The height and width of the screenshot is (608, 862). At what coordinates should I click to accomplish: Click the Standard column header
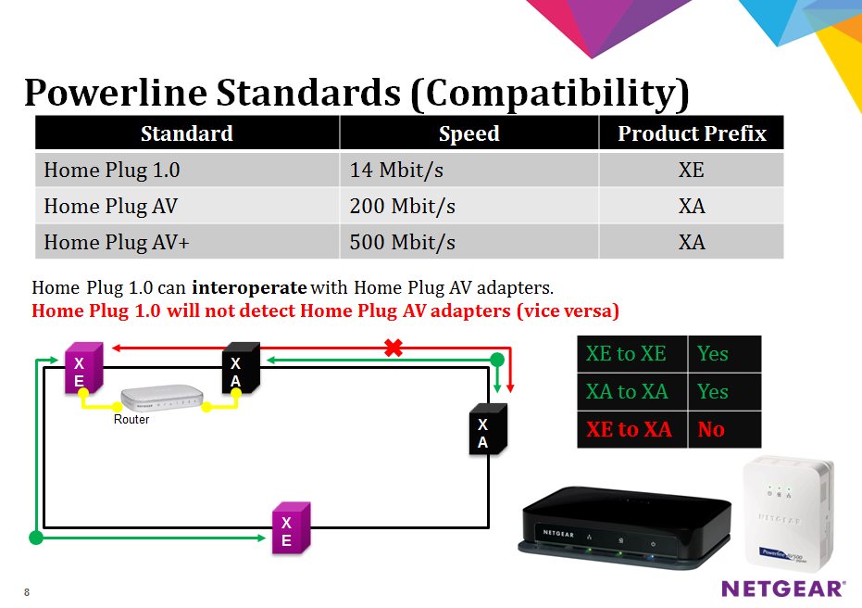[187, 133]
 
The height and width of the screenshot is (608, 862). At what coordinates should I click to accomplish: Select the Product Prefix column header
[692, 133]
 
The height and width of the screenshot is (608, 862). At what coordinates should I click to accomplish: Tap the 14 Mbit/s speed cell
[468, 170]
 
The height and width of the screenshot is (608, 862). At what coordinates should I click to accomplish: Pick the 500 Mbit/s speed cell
[468, 242]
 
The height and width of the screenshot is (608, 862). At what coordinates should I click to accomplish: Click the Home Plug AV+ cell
[187, 242]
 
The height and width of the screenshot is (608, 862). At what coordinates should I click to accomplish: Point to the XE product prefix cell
[692, 170]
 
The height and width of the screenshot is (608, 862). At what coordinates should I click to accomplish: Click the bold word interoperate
[249, 287]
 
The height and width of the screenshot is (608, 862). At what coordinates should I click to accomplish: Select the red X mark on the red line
[394, 348]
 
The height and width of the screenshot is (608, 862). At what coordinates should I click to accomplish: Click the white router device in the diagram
[162, 398]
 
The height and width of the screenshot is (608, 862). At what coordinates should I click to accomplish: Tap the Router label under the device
[131, 419]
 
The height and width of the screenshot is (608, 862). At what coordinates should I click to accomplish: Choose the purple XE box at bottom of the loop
[292, 527]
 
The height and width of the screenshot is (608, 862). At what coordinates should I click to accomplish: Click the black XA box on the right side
[488, 428]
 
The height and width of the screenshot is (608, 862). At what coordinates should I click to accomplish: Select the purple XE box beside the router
[84, 368]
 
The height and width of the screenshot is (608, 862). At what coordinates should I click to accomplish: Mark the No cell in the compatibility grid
[725, 429]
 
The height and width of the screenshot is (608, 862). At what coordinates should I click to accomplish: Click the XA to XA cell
[632, 392]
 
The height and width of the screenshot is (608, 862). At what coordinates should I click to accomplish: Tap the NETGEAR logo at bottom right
[783, 589]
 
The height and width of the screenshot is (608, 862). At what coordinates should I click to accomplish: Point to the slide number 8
[27, 592]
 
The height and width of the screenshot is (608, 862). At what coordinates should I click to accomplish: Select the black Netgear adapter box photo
[625, 527]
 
